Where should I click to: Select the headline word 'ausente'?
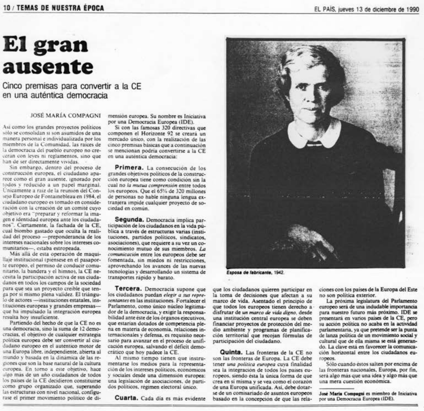48,67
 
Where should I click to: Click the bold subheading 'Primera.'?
129,167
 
